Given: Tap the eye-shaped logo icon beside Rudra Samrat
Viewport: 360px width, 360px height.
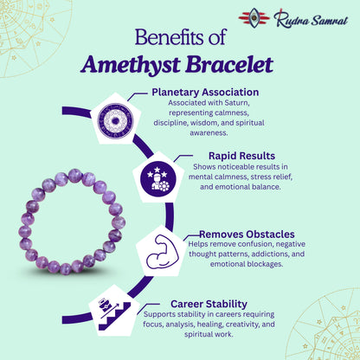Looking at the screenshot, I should [254, 16].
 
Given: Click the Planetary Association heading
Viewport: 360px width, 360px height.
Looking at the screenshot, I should [206, 92].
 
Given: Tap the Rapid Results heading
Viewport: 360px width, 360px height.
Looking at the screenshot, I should [233, 157].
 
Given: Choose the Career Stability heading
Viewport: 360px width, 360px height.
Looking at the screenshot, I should [209, 304].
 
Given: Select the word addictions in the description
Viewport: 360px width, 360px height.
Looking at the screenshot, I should [263, 254].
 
